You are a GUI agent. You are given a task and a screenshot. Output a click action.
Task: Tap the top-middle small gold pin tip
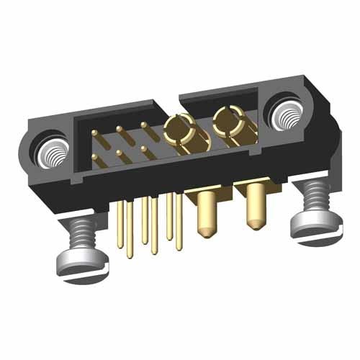point(120,130)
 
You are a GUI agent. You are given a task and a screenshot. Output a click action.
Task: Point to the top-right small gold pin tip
point(144,125)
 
